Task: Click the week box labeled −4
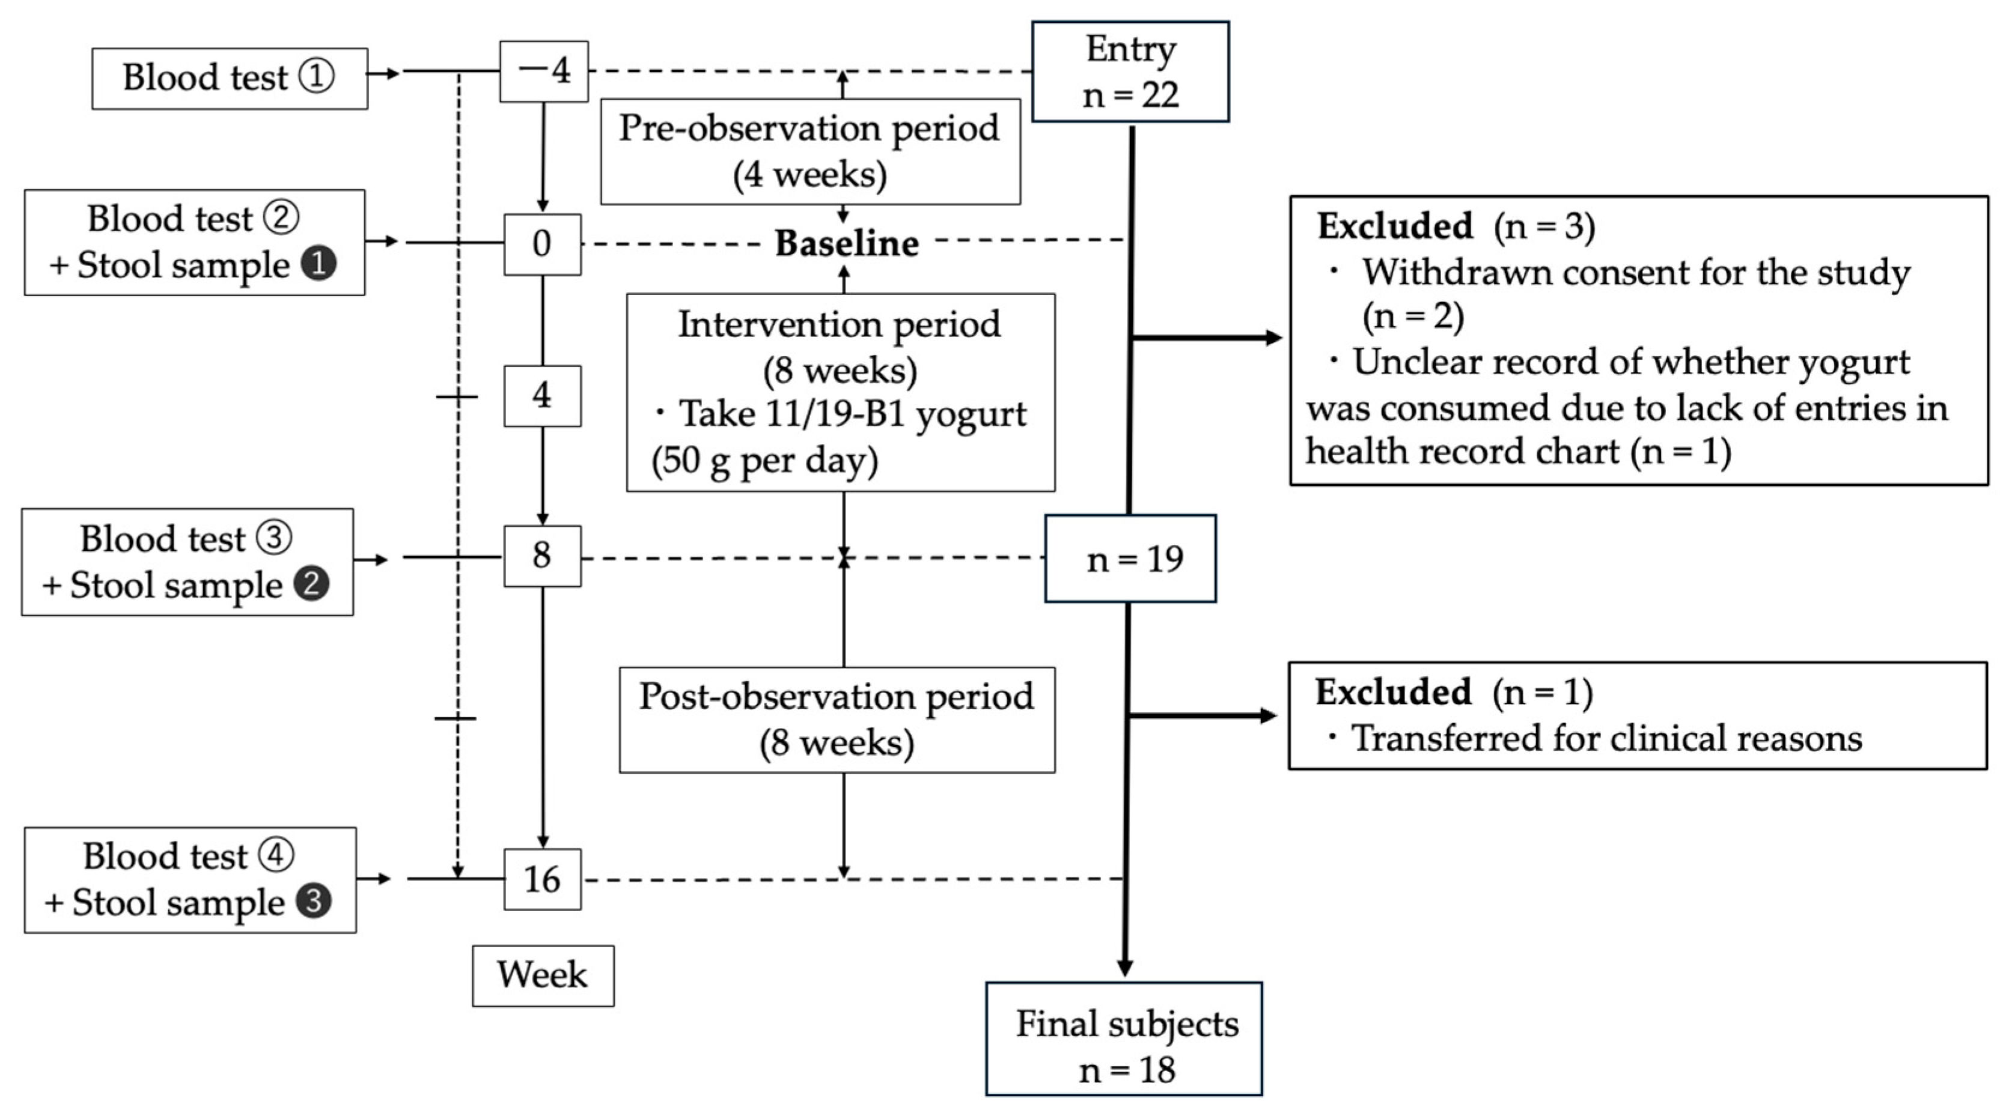click(x=543, y=71)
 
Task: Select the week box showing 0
click(x=542, y=244)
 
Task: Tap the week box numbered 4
click(x=542, y=395)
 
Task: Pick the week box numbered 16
click(x=542, y=879)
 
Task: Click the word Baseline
click(x=847, y=244)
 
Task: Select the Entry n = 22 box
click(x=1130, y=71)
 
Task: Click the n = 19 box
click(x=1130, y=558)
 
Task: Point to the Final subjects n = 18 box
click(x=1124, y=1039)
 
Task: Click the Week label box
click(x=543, y=975)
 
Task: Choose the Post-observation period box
click(x=837, y=719)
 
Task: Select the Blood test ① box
click(x=230, y=78)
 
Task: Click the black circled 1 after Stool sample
click(x=319, y=265)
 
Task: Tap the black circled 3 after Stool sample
click(x=313, y=902)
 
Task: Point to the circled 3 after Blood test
click(x=274, y=538)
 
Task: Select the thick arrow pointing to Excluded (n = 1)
click(x=1203, y=716)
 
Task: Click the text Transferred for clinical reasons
click(x=1606, y=738)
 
